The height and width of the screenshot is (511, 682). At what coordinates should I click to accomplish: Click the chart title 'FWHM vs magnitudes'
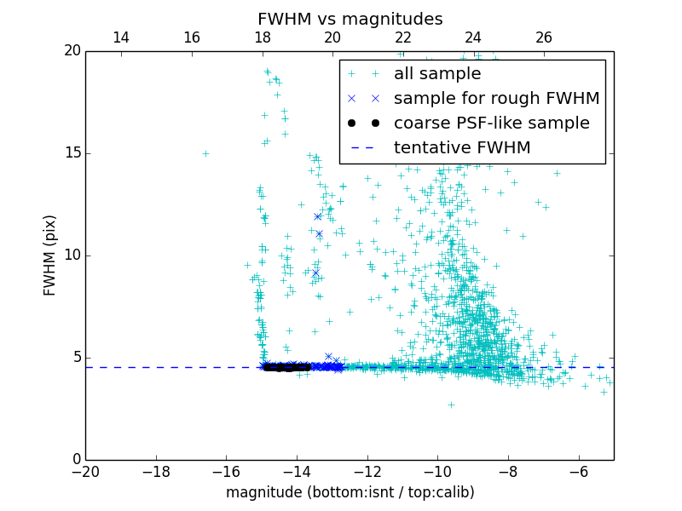[x=350, y=19]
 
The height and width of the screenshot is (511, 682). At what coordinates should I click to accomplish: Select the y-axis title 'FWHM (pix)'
[x=50, y=255]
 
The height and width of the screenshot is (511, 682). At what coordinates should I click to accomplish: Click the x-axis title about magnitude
[x=350, y=492]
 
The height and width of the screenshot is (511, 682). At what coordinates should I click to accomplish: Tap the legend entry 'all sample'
[x=436, y=74]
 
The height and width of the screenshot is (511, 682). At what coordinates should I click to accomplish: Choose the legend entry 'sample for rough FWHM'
[x=496, y=99]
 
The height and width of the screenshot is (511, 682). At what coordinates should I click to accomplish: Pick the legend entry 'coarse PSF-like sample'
[x=491, y=123]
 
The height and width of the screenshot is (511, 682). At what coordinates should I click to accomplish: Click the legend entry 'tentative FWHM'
[x=462, y=148]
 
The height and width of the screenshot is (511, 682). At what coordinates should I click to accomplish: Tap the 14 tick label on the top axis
[x=121, y=37]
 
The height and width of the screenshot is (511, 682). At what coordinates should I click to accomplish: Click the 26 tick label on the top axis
[x=544, y=37]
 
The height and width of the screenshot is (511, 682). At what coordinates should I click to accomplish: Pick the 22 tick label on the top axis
[x=403, y=37]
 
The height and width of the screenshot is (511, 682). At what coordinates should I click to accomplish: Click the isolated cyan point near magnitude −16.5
[x=205, y=153]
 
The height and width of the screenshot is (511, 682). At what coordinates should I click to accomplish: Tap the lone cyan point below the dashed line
[x=451, y=405]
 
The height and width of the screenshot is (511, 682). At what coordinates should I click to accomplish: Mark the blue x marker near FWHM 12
[x=317, y=216]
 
